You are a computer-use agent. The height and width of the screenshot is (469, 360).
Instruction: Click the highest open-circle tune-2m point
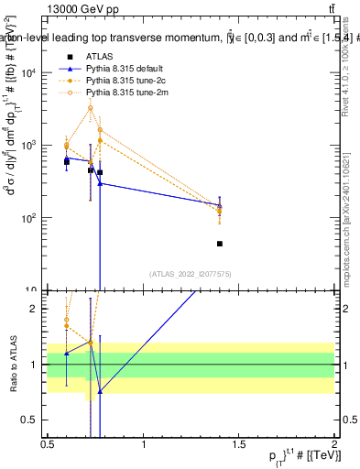90,108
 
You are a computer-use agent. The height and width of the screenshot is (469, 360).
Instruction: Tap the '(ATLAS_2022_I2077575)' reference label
190,274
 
